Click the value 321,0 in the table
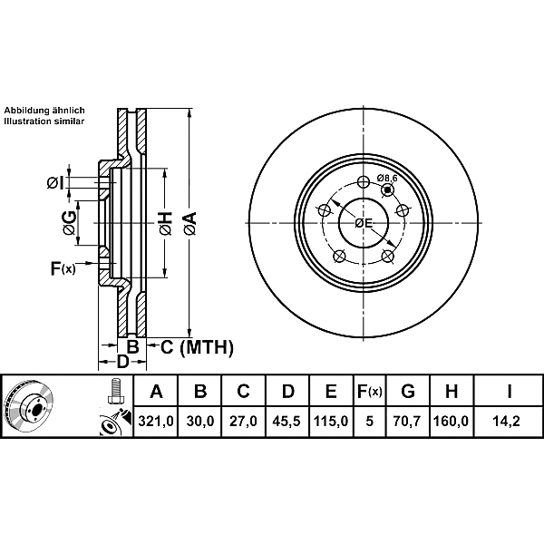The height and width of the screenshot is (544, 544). (x=156, y=422)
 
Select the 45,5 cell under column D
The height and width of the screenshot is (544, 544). (x=287, y=422)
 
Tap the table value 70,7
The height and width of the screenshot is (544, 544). (x=406, y=422)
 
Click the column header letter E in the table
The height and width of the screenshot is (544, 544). (x=331, y=392)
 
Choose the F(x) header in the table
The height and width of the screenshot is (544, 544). (x=370, y=392)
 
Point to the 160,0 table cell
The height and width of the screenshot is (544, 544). (x=451, y=422)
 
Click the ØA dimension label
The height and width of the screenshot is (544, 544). (x=189, y=224)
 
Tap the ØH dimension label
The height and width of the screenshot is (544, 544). (x=165, y=223)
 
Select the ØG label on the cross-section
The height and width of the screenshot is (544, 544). (x=69, y=223)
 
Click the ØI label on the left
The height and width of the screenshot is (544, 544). (x=55, y=183)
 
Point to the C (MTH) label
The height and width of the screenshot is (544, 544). (x=197, y=347)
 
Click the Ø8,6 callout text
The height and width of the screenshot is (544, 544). (x=387, y=179)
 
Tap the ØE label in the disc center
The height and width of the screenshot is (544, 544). (x=364, y=223)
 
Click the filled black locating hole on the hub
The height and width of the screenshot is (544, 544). (x=387, y=190)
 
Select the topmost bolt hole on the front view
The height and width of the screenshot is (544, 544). (x=364, y=182)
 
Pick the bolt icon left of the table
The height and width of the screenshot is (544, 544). (x=115, y=391)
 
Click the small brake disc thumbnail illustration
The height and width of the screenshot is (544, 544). (x=28, y=406)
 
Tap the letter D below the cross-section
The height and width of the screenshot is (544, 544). (x=122, y=362)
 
